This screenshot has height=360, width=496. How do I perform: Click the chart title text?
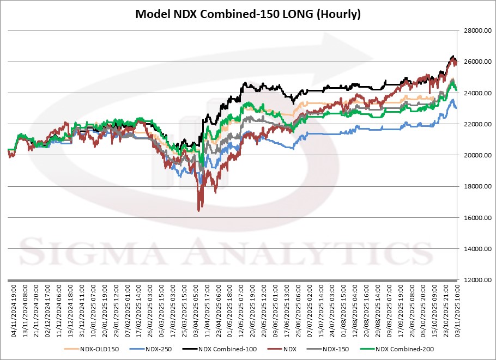coord(248,14)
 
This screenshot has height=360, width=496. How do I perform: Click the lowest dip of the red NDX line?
coord(199,210)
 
